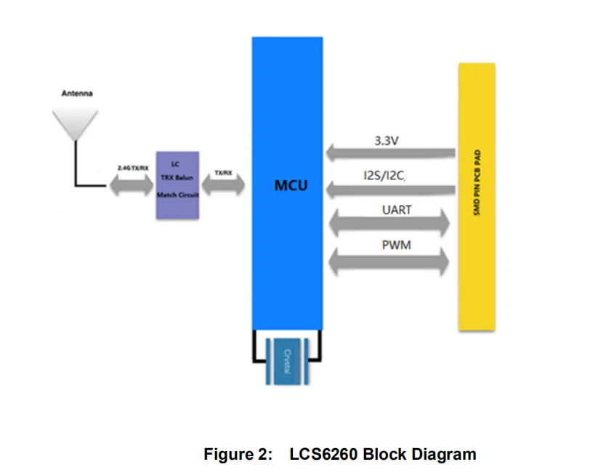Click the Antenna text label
[76, 93]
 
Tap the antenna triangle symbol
[76, 122]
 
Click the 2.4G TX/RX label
[132, 168]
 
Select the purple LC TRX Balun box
[177, 185]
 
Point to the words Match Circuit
[177, 195]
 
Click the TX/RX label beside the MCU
[223, 173]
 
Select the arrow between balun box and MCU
[224, 186]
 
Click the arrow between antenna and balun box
[132, 186]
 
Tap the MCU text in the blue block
[291, 186]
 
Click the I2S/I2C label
[384, 176]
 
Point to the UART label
[397, 210]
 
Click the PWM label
[396, 245]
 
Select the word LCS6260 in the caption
[324, 455]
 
